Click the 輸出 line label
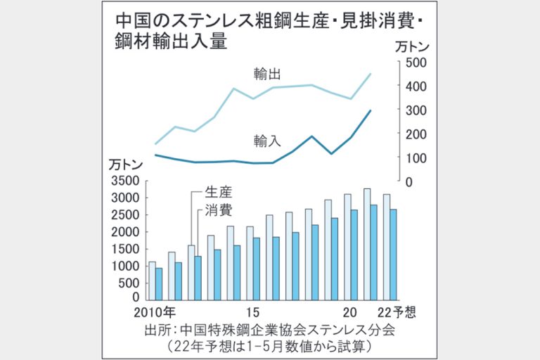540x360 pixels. (266, 73)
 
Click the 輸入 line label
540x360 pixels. (266, 140)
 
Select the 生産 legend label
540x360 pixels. (218, 192)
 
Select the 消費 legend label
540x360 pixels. (218, 210)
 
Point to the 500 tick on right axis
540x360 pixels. (416, 62)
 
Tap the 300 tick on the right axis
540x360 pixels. (416, 110)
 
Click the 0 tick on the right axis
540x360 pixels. (410, 181)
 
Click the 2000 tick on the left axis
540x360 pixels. (126, 232)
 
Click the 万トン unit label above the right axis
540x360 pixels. (411, 47)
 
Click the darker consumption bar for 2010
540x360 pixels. (159, 284)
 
